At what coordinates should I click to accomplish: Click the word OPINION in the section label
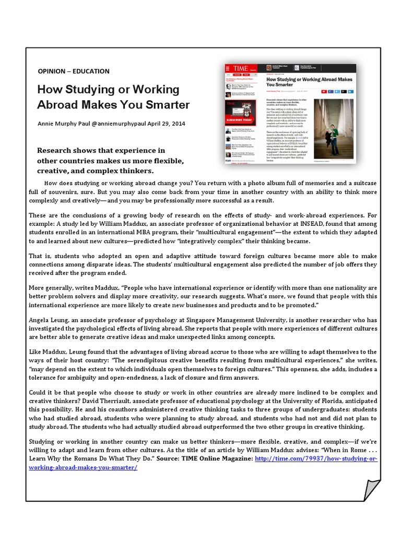[x=51, y=71]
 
